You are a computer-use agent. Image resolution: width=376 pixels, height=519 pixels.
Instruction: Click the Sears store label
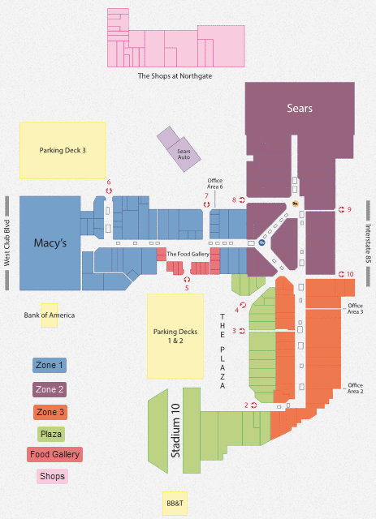pyautogui.click(x=300, y=108)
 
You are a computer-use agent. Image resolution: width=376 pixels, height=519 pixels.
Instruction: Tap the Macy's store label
pyautogui.click(x=50, y=243)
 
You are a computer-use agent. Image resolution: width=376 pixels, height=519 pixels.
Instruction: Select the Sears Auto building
pyautogui.click(x=179, y=149)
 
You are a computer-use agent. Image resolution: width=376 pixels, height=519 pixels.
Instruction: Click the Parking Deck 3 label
pyautogui.click(x=63, y=150)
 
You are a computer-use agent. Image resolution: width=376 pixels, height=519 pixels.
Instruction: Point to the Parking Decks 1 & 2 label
pyautogui.click(x=175, y=336)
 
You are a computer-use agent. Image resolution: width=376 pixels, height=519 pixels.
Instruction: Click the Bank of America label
pyautogui.click(x=49, y=315)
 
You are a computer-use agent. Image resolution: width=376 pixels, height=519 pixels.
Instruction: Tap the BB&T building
pyautogui.click(x=175, y=504)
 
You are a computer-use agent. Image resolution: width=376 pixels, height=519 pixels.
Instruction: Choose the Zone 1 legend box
pyautogui.click(x=50, y=366)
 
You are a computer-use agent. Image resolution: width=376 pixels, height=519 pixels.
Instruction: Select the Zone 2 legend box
pyautogui.click(x=50, y=389)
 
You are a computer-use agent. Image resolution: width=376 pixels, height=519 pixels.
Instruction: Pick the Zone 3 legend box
pyautogui.click(x=50, y=412)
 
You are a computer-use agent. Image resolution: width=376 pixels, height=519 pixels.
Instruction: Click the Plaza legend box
pyautogui.click(x=50, y=434)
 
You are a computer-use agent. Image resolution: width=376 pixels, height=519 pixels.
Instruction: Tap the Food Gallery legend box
pyautogui.click(x=54, y=454)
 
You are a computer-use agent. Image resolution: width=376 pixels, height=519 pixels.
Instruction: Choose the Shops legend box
pyautogui.click(x=52, y=476)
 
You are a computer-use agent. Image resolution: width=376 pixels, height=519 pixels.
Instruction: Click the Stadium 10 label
pyautogui.click(x=175, y=431)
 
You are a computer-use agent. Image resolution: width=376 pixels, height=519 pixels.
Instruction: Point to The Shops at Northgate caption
pyautogui.click(x=175, y=75)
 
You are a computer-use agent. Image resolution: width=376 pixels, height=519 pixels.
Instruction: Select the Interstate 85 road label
pyautogui.click(x=368, y=243)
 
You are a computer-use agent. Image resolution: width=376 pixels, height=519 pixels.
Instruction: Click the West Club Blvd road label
pyautogui.click(x=7, y=243)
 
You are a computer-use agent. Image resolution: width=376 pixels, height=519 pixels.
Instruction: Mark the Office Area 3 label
pyautogui.click(x=355, y=309)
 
